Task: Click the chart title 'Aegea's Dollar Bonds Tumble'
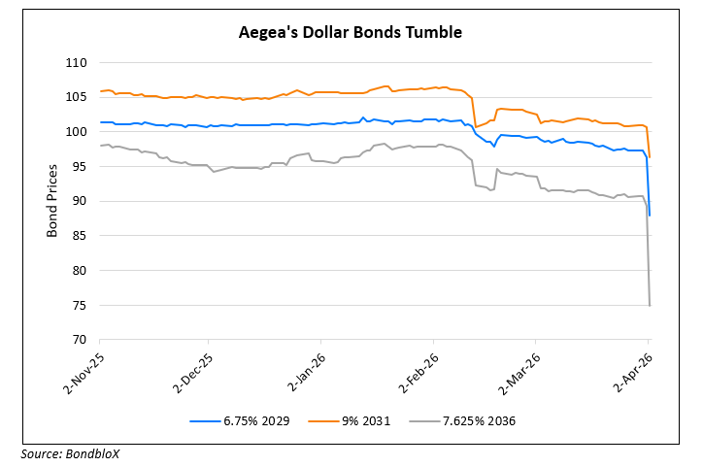(x=351, y=32)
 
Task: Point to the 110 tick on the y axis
(x=77, y=63)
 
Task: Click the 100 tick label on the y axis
(x=77, y=132)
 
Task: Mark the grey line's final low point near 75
(x=649, y=305)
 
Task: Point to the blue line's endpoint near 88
(x=649, y=215)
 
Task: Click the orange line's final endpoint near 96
(x=649, y=156)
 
